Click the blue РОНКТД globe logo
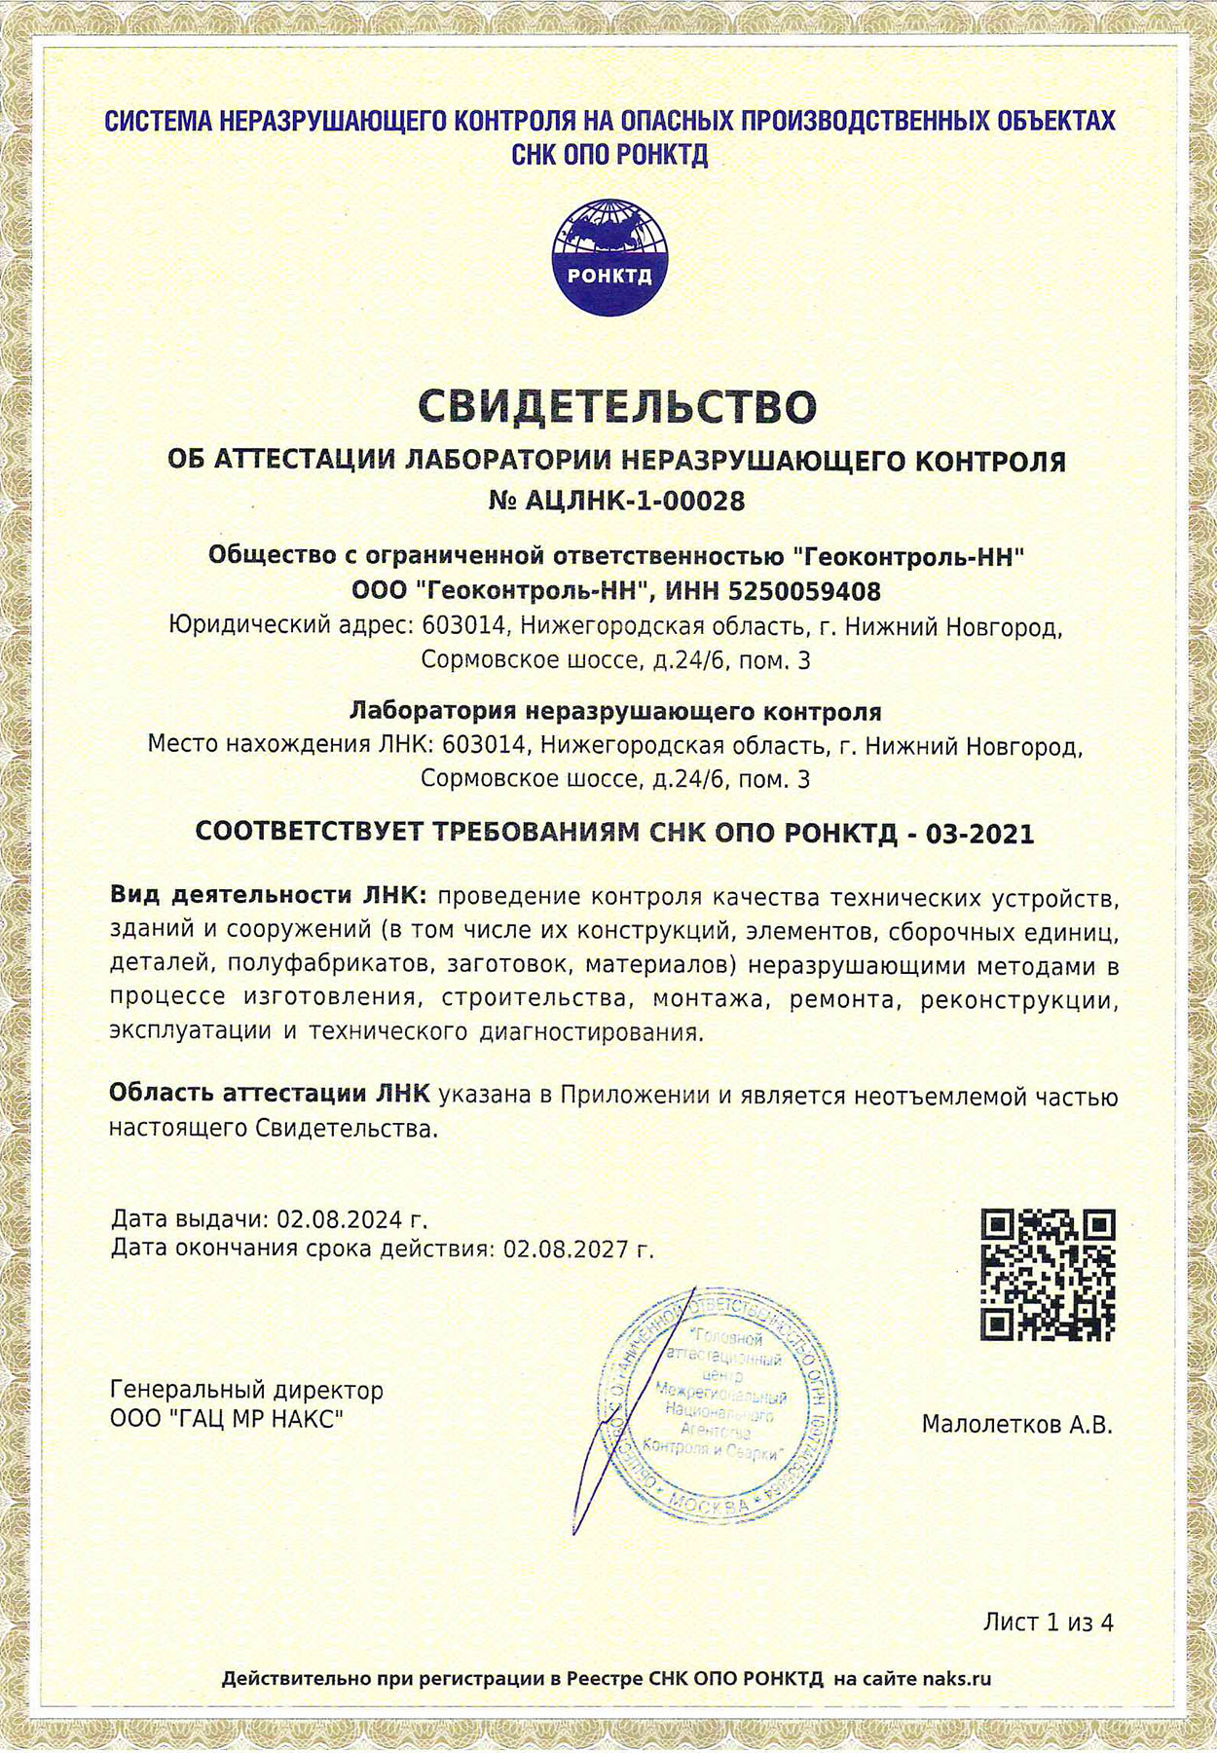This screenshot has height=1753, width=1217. pos(609,257)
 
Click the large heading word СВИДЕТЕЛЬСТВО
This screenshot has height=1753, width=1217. pos(617,407)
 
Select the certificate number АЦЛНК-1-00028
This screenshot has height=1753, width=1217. pos(635,501)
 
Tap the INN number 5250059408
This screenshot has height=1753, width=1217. pos(805,591)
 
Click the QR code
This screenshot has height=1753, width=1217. pos(1047,1276)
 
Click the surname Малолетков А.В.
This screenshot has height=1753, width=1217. pos(1016,1425)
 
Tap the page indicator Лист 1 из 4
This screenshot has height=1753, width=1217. pos(1048,1622)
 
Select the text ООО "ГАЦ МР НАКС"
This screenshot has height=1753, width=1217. pos(227,1419)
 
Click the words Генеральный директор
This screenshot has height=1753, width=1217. pos(247,1390)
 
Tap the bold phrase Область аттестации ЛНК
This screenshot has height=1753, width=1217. pos(269,1095)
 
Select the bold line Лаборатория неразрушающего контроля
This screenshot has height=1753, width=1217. pos(615,711)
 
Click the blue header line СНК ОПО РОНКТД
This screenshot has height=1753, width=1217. pos(610,155)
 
